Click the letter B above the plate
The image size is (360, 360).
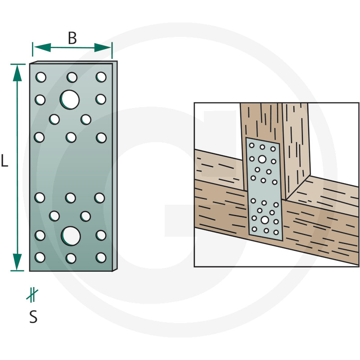pos(72,38)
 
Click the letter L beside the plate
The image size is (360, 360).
pos(4,161)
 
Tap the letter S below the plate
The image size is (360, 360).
pos(33,317)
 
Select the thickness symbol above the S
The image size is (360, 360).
pos(32,295)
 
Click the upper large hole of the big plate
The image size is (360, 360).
pos(70,99)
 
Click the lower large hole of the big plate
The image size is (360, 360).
pos(71,236)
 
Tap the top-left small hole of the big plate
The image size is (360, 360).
pos(41,77)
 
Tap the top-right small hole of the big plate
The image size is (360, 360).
pos(101,77)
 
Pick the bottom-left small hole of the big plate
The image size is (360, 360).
pos(40,257)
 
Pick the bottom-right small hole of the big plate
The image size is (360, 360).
pos(101,257)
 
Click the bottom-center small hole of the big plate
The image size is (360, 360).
pos(71,258)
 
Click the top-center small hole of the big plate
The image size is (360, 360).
pos(72,77)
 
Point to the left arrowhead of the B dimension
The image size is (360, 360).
pos(43,48)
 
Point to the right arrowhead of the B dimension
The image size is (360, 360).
pos(103,48)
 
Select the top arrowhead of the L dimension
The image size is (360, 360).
pos(17,73)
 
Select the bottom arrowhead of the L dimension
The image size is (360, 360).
pos(17,262)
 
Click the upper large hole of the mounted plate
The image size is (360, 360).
pos(262,159)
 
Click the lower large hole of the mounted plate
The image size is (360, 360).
pos(265,220)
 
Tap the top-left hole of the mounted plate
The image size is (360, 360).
pos(252,145)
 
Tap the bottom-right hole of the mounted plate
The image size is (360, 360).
pos(276,232)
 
